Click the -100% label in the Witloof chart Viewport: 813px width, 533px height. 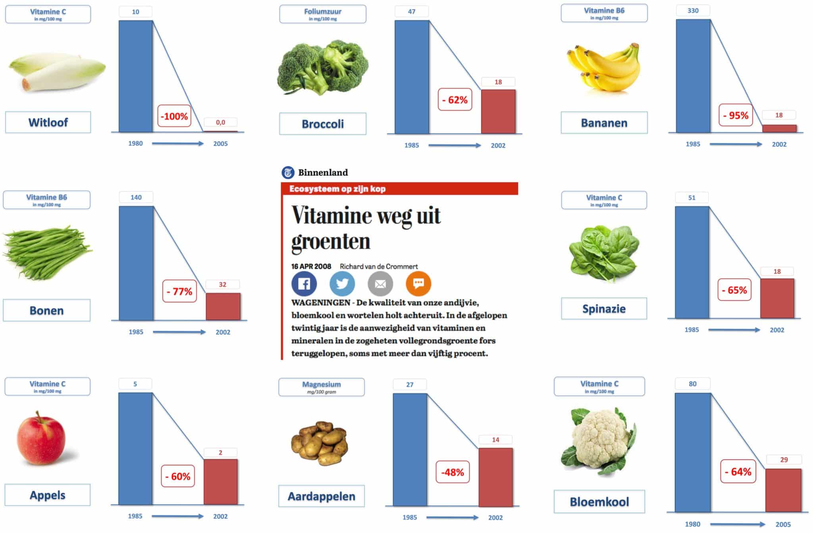tap(174, 116)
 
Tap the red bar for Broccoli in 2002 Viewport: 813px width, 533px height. tap(498, 112)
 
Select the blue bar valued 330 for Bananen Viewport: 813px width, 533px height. tap(693, 76)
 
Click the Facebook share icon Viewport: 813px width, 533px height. tap(304, 284)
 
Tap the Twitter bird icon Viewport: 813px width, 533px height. tap(342, 284)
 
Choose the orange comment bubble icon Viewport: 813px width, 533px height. tap(418, 284)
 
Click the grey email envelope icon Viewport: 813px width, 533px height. tap(380, 284)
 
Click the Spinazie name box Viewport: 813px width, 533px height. tap(604, 309)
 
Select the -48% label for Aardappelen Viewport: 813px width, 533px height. tap(453, 472)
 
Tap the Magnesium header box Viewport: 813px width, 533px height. tap(322, 387)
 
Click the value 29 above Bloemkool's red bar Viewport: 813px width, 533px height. tap(784, 460)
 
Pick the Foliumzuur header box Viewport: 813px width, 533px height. tap(323, 14)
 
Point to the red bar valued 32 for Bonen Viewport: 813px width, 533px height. tap(223, 306)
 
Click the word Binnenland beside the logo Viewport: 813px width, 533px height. tap(323, 172)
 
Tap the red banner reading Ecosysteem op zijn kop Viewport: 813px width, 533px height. tap(399, 189)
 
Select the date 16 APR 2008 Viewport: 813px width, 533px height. tap(311, 266)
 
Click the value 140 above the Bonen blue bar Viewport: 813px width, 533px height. tap(136, 197)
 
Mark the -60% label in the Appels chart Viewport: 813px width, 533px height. tap(178, 476)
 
